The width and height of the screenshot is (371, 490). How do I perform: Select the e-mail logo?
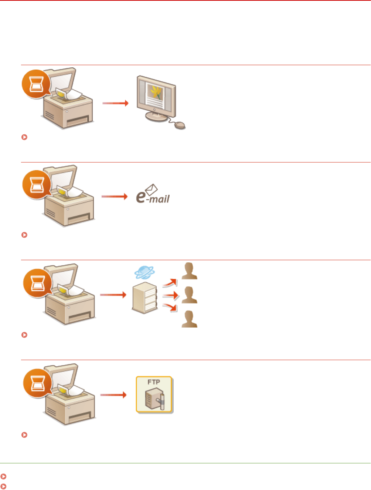tap(153, 194)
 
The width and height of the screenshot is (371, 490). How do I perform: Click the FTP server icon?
tap(154, 395)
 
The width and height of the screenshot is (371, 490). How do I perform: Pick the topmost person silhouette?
tap(190, 271)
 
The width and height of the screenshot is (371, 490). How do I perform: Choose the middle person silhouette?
tap(190, 295)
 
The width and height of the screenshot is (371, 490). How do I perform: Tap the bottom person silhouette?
tap(190, 319)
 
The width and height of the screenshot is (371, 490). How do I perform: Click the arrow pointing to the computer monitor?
tap(115, 103)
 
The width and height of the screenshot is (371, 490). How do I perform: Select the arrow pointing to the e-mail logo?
tap(115, 196)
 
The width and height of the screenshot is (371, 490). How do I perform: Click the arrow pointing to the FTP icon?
tap(113, 395)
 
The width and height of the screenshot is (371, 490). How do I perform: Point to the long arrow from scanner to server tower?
tap(113, 295)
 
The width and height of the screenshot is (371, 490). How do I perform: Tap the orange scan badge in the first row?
tap(36, 84)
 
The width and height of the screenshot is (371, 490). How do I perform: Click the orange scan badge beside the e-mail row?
tap(37, 184)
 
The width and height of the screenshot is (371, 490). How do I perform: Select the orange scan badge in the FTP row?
tap(37, 383)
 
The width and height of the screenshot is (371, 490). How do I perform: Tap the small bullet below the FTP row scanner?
tap(25, 435)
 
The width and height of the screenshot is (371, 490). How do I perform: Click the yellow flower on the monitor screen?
tap(156, 90)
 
